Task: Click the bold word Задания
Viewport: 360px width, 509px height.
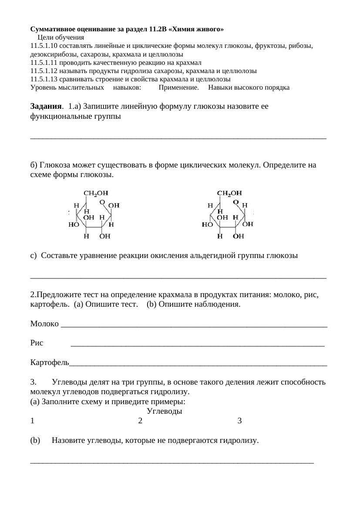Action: coord(47,106)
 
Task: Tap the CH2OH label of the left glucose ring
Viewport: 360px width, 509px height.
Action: coord(96,193)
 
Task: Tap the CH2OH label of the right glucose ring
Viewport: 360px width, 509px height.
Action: coord(229,193)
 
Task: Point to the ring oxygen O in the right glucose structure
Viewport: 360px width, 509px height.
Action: coord(236,202)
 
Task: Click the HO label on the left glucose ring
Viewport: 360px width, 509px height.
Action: coord(74,225)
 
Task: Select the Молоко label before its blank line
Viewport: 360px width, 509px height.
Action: coord(44,324)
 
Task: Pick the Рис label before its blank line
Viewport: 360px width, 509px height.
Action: coord(37,343)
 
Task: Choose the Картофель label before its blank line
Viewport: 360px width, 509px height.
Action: coord(50,362)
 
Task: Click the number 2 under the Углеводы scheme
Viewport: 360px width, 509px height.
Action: coord(140,421)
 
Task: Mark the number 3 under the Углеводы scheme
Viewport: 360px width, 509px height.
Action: coord(239,421)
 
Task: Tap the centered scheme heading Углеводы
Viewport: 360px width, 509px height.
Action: coord(165,411)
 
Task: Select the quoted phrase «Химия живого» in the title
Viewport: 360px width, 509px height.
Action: coord(197,29)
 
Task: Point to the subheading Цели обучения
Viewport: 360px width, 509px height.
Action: coord(61,37)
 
